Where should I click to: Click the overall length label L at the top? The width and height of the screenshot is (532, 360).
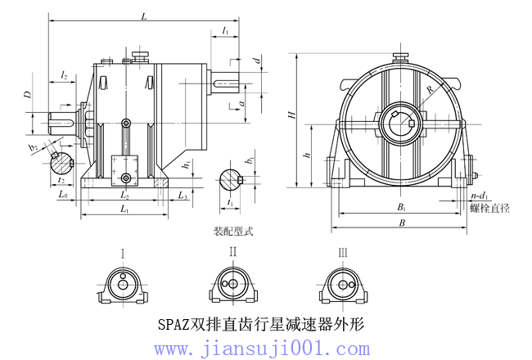point(143,16)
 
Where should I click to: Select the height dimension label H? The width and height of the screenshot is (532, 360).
point(291,115)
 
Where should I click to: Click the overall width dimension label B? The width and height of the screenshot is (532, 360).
point(402,223)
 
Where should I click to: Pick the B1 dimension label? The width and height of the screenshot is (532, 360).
point(402,209)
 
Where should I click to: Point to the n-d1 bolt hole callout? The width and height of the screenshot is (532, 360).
point(480,197)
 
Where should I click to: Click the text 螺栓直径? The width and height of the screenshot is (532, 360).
point(489,209)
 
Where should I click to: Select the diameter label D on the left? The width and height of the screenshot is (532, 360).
point(28,96)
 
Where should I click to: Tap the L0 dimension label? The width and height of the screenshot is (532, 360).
point(63,196)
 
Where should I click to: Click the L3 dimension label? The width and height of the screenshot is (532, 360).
point(183,196)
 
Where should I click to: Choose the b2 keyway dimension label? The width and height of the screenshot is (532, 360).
point(34,147)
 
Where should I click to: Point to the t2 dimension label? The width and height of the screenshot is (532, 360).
point(61,180)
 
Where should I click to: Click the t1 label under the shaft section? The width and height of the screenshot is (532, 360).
point(231,202)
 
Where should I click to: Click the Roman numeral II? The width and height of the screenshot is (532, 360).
point(233,252)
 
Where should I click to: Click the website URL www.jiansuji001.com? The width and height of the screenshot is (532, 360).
point(262,349)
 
